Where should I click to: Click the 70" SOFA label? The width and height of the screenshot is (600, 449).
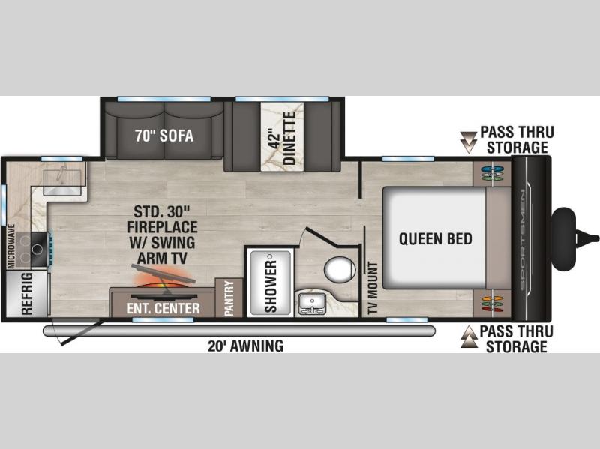pos(163,136)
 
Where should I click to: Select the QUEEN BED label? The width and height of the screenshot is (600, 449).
pos(436,238)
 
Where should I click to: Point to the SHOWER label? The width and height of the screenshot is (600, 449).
pos(271,286)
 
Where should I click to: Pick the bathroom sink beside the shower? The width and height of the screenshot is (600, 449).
pos(312,304)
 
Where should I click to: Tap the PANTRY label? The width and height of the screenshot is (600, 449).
pos(229,298)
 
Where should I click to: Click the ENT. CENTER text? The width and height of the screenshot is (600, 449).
pos(163,308)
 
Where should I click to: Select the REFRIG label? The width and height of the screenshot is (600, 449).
pos(27,294)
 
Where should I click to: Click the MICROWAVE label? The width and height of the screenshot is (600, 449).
pos(11,247)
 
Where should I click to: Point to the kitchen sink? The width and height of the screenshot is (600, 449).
pos(62,178)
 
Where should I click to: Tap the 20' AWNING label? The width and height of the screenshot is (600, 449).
pos(246,346)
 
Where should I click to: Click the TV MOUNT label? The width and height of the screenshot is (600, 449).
pos(373,289)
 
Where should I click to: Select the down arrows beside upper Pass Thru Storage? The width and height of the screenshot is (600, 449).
pos(468,142)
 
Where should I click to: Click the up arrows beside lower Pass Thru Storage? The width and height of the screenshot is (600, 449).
pos(469,337)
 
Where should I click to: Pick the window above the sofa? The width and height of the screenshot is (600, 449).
pos(163,100)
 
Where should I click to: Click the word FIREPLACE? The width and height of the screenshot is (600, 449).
pos(162,227)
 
